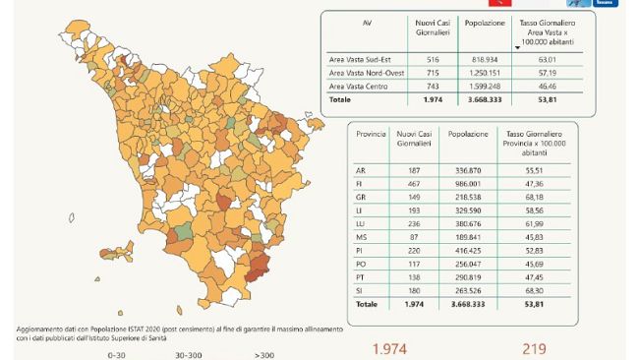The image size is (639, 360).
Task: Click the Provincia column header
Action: tap(371, 133)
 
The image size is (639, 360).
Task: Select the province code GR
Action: tap(360, 195)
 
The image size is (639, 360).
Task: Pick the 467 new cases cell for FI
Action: tap(406, 182)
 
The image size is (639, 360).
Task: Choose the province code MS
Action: tap(360, 236)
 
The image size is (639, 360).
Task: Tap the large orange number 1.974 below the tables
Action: tap(390, 349)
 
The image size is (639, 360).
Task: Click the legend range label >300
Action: tap(263, 354)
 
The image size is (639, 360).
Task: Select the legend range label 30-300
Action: tap(189, 354)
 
